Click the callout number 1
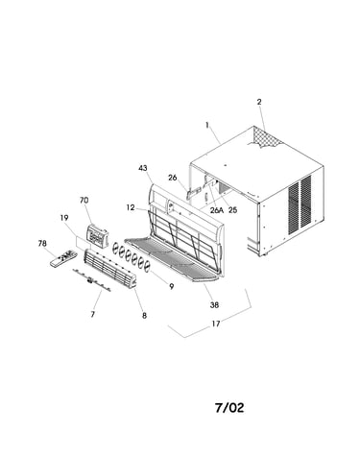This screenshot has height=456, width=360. (x=207, y=126)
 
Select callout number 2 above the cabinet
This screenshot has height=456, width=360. (x=259, y=102)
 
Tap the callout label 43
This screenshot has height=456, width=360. (x=143, y=168)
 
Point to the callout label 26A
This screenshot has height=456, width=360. (x=217, y=210)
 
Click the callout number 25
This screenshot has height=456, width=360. (x=232, y=210)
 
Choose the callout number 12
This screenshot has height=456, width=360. (x=131, y=207)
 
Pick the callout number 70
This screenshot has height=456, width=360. (x=84, y=201)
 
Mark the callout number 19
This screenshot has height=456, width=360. (x=64, y=218)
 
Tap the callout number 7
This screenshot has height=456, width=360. (x=93, y=314)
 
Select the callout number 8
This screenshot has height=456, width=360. (x=144, y=316)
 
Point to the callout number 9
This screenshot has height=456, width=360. (x=172, y=286)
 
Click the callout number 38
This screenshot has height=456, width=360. (x=214, y=305)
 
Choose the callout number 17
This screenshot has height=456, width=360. (x=216, y=324)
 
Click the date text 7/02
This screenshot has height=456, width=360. (x=229, y=407)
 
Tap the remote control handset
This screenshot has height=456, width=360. (x=63, y=258)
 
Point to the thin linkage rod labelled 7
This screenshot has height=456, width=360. (x=91, y=280)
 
